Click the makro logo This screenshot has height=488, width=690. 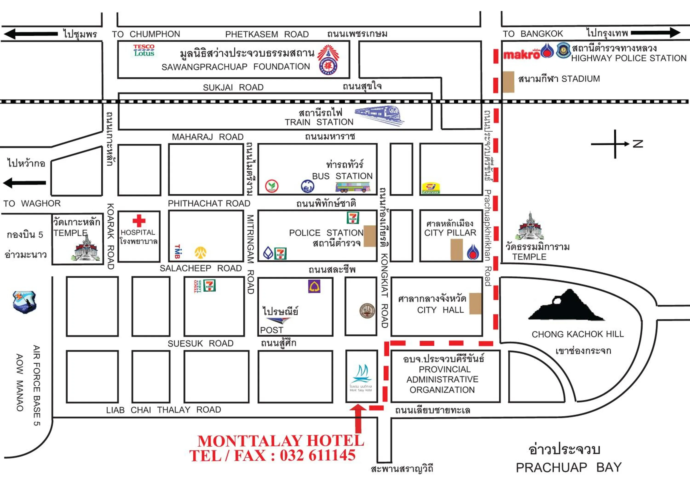[x=521, y=55]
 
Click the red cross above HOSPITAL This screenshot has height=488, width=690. [x=139, y=221]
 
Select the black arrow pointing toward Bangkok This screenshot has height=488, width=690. [x=655, y=32]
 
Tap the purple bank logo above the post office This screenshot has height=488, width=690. [x=314, y=286]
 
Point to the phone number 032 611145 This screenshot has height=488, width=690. [x=318, y=455]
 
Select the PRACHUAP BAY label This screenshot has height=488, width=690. [x=568, y=467]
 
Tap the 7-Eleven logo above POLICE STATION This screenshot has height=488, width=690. [x=353, y=218]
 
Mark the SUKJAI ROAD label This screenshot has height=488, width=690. [x=233, y=87]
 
